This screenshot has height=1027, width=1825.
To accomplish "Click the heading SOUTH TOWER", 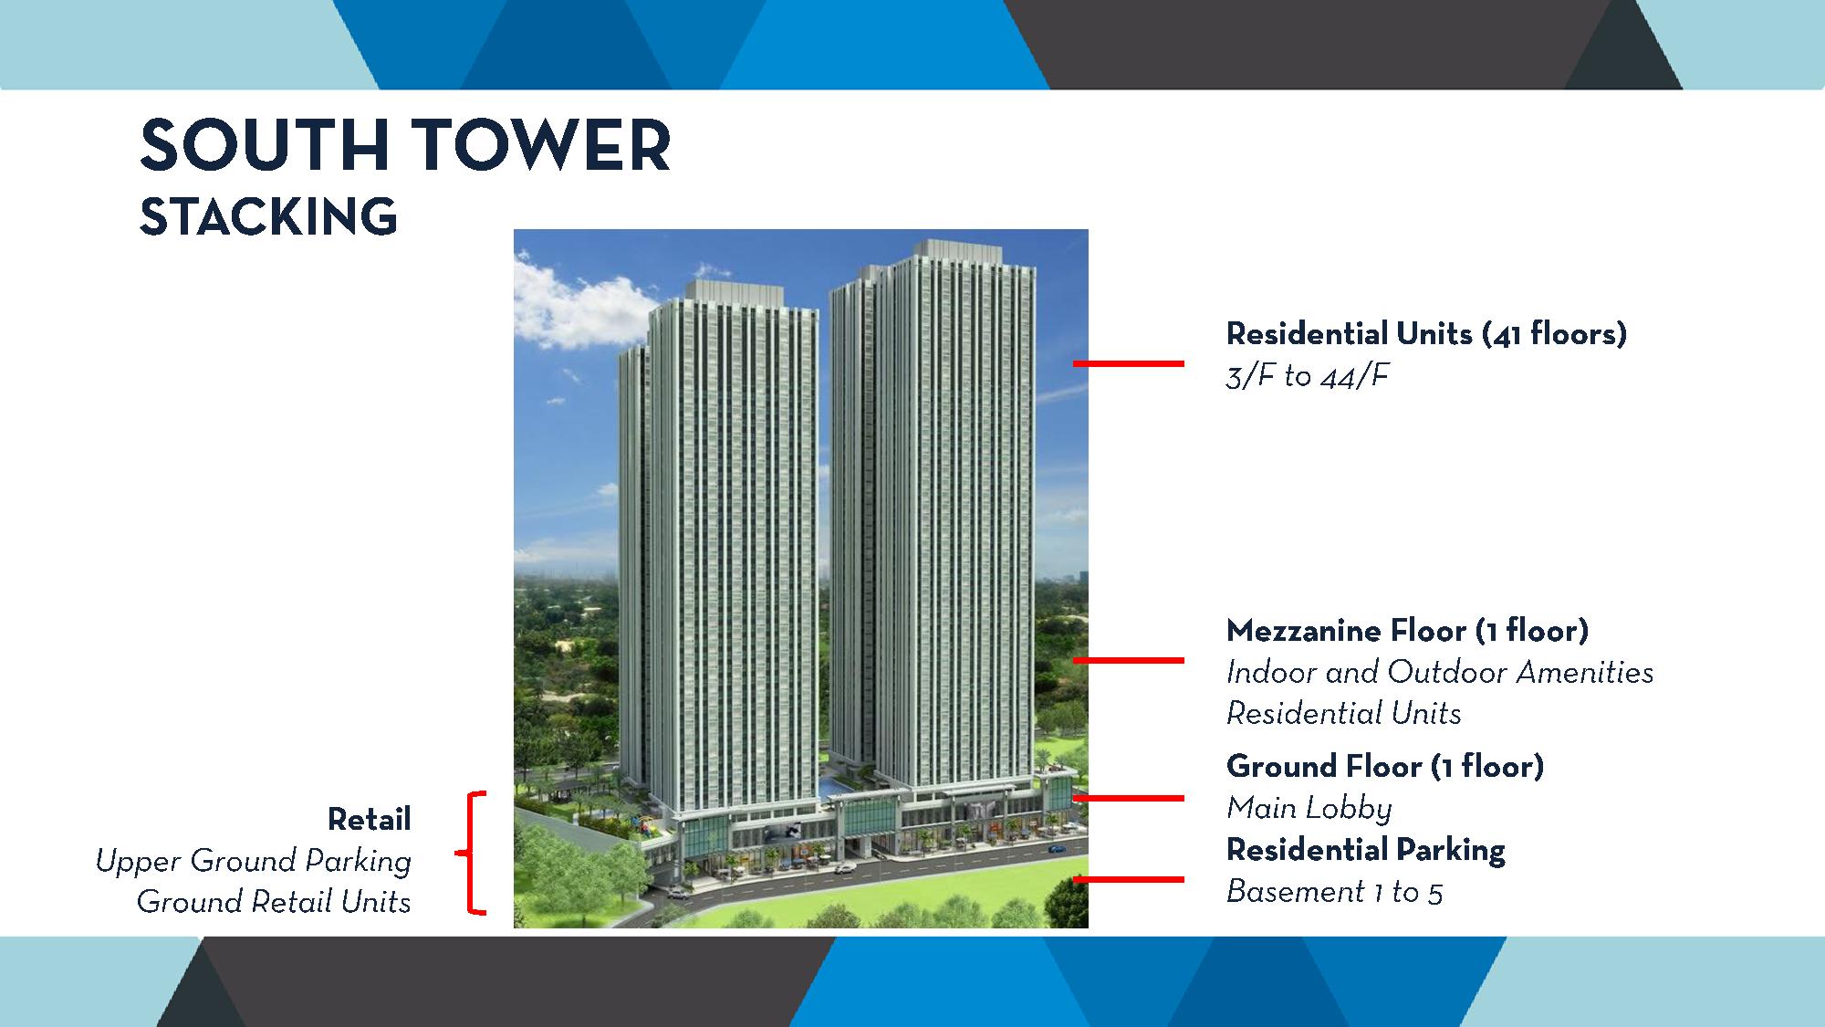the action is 406,146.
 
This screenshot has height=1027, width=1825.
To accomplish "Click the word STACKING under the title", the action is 268,216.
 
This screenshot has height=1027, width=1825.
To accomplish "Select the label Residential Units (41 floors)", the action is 1426,334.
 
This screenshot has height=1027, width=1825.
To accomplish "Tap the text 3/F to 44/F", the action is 1307,376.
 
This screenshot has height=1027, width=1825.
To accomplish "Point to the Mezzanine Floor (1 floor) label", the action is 1407,631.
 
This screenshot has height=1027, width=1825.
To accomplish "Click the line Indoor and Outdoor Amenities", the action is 1440,673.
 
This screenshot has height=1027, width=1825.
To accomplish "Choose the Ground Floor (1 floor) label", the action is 1385,766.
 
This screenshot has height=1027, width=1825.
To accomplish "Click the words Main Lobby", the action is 1309,808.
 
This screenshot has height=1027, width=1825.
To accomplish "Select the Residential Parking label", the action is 1366,850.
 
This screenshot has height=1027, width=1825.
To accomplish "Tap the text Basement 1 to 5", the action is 1334,892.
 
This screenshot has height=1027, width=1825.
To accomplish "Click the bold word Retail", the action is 370,820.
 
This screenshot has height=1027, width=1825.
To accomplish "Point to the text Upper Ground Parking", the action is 254,862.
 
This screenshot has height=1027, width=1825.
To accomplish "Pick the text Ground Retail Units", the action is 274,902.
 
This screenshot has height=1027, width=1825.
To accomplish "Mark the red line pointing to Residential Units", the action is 1129,363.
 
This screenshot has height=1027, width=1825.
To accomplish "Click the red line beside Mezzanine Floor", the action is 1129,660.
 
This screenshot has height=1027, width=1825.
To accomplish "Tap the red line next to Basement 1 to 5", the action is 1129,879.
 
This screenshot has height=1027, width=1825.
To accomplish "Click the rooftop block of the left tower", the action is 734,294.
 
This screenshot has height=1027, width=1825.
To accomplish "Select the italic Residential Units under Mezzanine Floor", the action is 1344,714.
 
